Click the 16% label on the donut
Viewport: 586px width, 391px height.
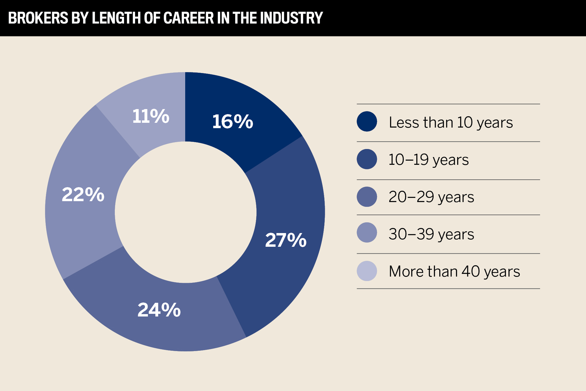(x=233, y=122)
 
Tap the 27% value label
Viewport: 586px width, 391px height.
(x=286, y=240)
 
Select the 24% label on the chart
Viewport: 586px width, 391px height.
(x=159, y=310)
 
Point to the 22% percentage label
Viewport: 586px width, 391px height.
(x=83, y=195)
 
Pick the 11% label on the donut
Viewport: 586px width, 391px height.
(x=151, y=116)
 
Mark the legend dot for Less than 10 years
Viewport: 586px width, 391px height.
(x=367, y=122)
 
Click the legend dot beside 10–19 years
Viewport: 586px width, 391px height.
(x=367, y=159)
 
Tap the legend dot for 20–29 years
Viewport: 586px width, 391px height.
(x=367, y=197)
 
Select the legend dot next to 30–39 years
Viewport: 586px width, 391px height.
(x=367, y=232)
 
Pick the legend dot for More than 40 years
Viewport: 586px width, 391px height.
(x=367, y=271)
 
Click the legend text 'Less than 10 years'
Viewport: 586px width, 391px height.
(x=451, y=122)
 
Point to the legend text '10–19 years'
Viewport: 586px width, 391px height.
(x=429, y=160)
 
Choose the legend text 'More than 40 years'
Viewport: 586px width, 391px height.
(x=454, y=271)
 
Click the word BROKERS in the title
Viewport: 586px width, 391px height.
(x=38, y=18)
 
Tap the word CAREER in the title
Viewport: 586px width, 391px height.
(x=188, y=18)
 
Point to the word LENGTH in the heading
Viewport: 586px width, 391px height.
(x=117, y=18)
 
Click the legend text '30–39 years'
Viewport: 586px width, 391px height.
(x=431, y=234)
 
